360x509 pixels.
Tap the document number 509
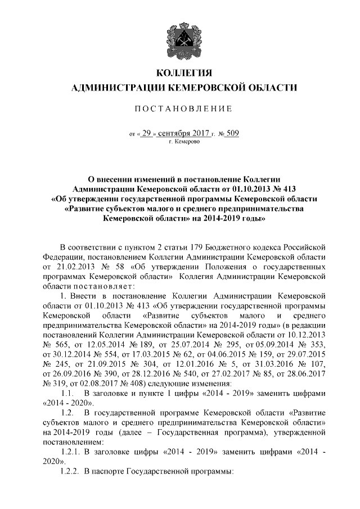233,134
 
